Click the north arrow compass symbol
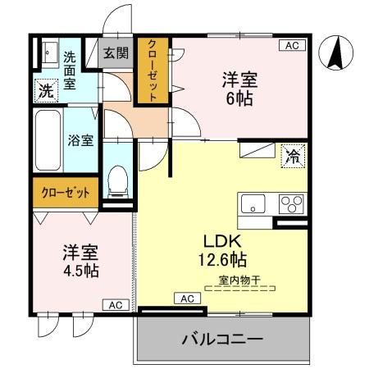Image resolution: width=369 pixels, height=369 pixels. (x=335, y=54)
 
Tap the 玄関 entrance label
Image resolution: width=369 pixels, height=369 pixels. (x=116, y=54)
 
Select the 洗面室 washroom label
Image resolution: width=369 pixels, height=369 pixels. (x=70, y=70)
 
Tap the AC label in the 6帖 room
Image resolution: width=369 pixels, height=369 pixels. (x=291, y=46)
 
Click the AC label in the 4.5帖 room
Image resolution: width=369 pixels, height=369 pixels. (x=116, y=305)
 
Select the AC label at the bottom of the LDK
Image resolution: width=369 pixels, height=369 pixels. (x=185, y=298)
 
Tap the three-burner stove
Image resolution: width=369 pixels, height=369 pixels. (x=290, y=203)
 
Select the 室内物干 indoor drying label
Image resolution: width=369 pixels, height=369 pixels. (x=239, y=280)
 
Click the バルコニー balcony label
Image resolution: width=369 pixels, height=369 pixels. (x=222, y=339)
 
